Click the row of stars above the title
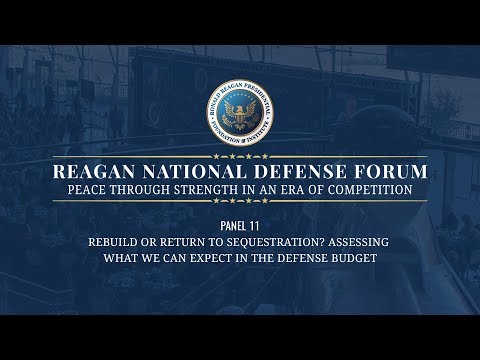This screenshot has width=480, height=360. point(240,156)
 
